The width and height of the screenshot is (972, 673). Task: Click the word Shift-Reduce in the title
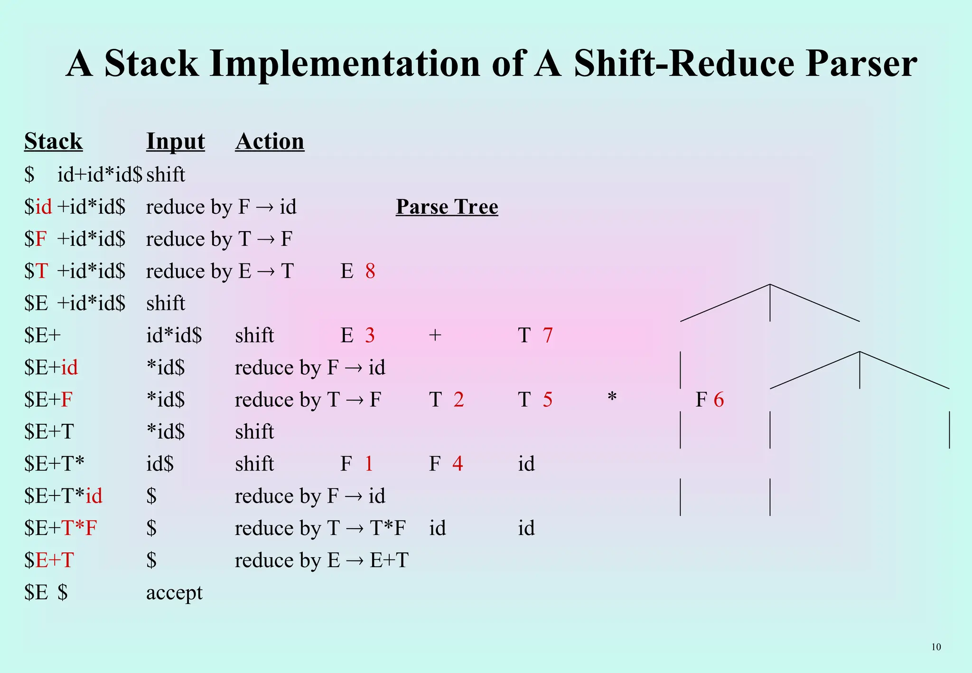click(684, 64)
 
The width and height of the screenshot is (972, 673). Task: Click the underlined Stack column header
click(54, 141)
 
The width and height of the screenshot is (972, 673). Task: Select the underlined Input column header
click(176, 141)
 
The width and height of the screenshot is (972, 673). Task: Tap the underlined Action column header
click(270, 141)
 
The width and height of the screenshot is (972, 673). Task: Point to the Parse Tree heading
click(447, 207)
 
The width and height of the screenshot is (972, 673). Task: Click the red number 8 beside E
click(370, 271)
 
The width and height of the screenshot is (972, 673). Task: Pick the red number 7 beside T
click(548, 336)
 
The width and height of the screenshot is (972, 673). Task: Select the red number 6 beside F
click(719, 400)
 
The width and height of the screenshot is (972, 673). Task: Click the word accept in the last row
click(174, 593)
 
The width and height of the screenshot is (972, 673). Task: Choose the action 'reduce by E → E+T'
click(321, 561)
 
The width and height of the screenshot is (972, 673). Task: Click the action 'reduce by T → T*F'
click(320, 528)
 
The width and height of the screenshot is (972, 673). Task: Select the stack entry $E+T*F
click(61, 528)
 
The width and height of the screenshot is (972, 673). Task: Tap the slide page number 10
click(936, 647)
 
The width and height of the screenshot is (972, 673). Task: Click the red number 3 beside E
click(370, 336)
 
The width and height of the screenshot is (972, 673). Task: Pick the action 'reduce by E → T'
click(220, 271)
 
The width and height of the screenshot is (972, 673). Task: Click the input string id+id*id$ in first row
click(100, 175)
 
